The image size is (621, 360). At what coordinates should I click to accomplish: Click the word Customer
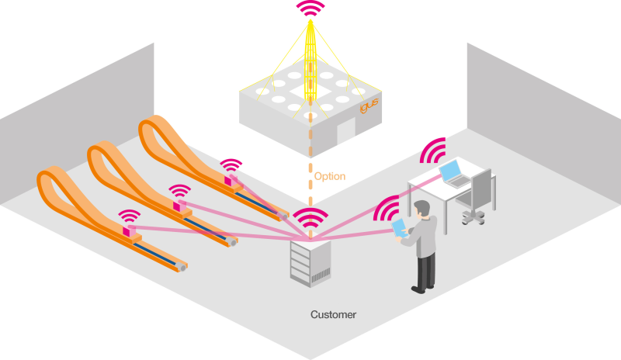click(x=333, y=315)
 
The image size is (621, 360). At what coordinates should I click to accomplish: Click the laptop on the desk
click(x=454, y=174)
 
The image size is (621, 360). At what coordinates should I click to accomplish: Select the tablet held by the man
click(x=399, y=228)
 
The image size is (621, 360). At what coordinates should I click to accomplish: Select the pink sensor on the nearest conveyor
click(x=128, y=230)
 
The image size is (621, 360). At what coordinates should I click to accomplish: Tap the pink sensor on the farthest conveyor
click(x=230, y=181)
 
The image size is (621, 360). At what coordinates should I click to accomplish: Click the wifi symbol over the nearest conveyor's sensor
click(x=129, y=217)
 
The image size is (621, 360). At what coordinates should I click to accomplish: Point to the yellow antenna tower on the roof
click(x=310, y=62)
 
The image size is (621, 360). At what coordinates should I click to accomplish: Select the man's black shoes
click(x=422, y=288)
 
